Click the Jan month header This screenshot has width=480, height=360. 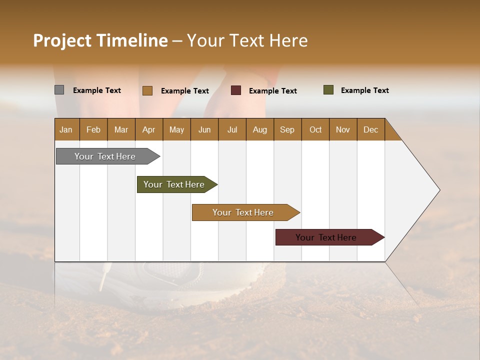tap(66, 129)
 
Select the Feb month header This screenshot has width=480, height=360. tap(93, 129)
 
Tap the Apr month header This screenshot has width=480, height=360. tap(148, 129)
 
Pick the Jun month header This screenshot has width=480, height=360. tap(204, 129)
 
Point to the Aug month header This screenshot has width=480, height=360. tap(259, 129)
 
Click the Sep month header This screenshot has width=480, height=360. tap(287, 129)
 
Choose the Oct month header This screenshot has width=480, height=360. tap(315, 129)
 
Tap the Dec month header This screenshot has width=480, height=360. tap(370, 129)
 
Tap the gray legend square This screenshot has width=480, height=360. tap(59, 90)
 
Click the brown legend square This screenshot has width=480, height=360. tap(147, 90)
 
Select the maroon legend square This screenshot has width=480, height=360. tap(236, 90)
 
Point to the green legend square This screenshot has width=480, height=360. tap(328, 90)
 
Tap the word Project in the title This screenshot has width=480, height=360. tap(61, 40)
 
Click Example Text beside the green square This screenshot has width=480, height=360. tap(364, 90)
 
